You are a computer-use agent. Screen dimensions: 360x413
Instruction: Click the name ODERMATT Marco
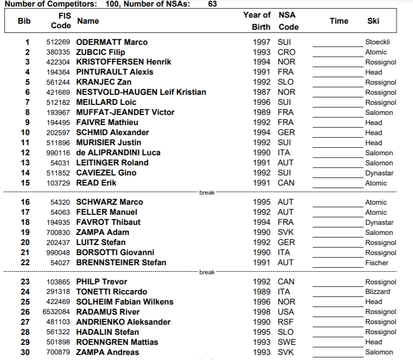[112, 42]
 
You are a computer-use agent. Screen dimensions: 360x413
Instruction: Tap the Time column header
[338, 21]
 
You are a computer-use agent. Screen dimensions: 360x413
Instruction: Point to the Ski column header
[373, 21]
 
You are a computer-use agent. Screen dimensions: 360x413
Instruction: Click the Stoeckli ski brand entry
[377, 42]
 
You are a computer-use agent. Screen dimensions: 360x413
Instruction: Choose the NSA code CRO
[287, 52]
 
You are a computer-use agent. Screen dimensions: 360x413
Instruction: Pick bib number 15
[25, 183]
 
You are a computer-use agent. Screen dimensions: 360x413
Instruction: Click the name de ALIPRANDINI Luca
[118, 152]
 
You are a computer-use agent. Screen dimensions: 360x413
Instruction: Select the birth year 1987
[261, 92]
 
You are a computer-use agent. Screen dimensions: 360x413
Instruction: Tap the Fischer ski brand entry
[377, 263]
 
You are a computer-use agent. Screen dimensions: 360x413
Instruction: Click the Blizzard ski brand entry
[377, 291]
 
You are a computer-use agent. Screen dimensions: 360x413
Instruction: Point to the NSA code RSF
[286, 322]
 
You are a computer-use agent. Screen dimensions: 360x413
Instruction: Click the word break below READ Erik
[207, 193]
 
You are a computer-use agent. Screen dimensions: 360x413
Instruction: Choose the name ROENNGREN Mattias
[117, 342]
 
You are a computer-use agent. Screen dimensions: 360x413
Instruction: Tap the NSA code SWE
[287, 342]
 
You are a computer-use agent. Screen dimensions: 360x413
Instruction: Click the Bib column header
[24, 21]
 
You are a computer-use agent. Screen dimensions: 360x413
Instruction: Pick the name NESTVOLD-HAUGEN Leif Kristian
[141, 92]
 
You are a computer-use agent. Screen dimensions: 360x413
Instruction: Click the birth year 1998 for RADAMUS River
[261, 312]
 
